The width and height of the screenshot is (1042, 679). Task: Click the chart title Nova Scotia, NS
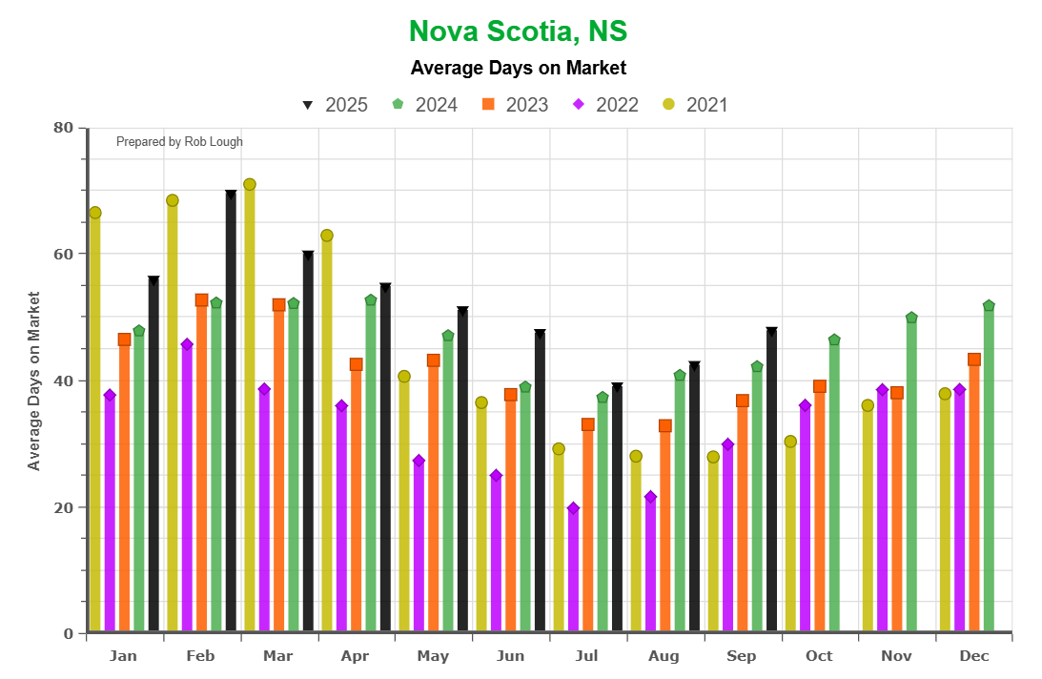pos(518,31)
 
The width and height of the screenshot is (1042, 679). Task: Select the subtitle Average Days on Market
pos(518,68)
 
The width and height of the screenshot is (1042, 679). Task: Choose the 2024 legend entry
pos(425,105)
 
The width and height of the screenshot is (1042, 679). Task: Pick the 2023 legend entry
pos(515,105)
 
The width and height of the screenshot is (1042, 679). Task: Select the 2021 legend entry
pos(695,105)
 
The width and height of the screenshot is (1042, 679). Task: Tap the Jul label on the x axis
pos(587,656)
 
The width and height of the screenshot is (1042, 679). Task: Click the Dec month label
pos(973,656)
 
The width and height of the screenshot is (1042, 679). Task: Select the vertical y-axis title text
pos(34,381)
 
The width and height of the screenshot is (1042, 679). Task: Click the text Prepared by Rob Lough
pos(179,142)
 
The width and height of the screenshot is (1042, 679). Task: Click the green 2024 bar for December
pos(989,467)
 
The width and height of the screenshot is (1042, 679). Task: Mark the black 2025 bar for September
pos(771,481)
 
